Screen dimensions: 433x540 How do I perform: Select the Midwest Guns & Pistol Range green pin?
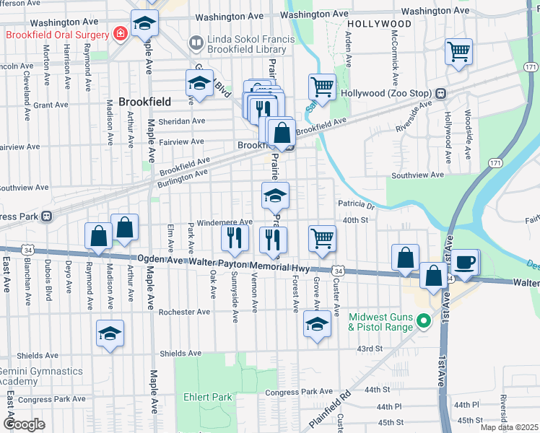[424, 321]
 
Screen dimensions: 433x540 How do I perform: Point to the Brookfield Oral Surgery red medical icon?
[118, 33]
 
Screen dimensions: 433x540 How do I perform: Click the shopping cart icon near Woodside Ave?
[458, 52]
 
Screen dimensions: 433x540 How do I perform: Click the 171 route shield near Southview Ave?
[495, 165]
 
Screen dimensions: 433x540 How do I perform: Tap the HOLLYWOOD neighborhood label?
[378, 24]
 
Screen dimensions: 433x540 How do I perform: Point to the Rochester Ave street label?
[185, 312]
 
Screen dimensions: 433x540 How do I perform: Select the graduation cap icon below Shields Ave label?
[110, 333]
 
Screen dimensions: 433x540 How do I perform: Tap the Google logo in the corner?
[25, 424]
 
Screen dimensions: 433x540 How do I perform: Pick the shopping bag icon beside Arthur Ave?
[125, 227]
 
